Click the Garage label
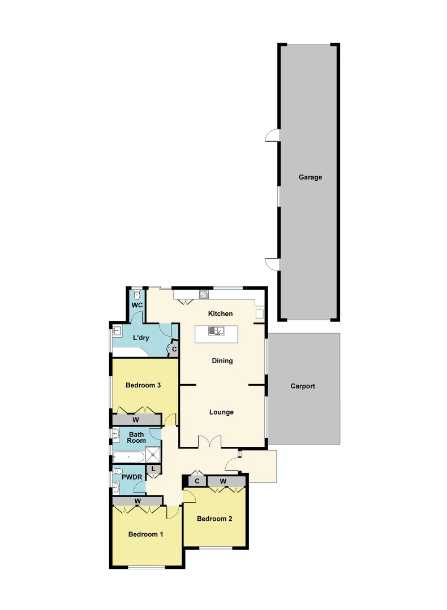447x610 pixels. tap(310, 177)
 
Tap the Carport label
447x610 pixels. tap(303, 386)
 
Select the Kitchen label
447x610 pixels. tap(221, 314)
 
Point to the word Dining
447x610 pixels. tap(222, 361)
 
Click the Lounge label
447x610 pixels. tap(221, 412)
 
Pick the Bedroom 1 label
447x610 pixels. tap(145, 534)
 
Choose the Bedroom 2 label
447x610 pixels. tap(214, 519)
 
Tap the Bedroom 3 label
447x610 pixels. tap(144, 386)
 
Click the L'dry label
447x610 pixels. tap(141, 338)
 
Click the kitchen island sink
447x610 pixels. tap(217, 331)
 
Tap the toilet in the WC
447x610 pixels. tap(137, 295)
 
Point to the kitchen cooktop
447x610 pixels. tap(204, 294)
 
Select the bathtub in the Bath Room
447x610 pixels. tap(128, 456)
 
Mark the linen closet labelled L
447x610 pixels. tap(153, 468)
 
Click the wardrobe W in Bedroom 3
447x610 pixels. tap(136, 420)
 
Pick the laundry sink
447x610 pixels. tap(118, 332)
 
